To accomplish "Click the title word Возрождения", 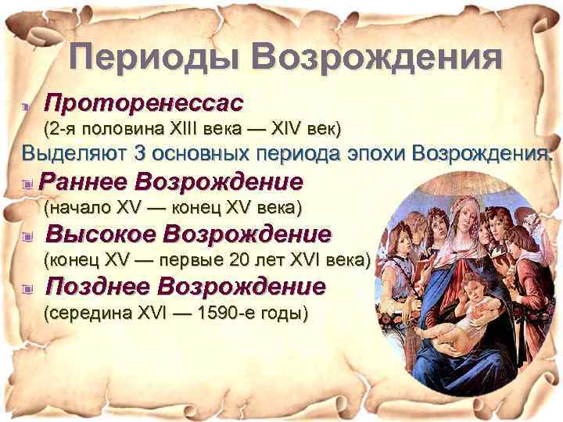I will click(x=375, y=57).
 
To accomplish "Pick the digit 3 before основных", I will click(x=141, y=152).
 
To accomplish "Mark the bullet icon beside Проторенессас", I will click(x=27, y=105).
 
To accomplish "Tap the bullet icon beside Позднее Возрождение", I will click(x=28, y=288).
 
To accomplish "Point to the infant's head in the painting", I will click(x=476, y=294).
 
